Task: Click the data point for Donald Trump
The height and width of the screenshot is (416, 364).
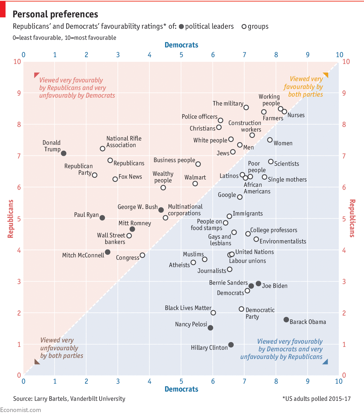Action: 64,153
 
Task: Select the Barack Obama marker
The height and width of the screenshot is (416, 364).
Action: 286,320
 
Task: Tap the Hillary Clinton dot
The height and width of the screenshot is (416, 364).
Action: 231,345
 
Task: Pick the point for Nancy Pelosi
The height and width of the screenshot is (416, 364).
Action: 210,328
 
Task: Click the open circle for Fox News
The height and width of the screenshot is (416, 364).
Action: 115,179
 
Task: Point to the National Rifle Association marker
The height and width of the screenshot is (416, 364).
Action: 103,149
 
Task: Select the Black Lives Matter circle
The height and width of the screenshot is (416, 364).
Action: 213,313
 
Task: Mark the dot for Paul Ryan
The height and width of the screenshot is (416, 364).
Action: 102,218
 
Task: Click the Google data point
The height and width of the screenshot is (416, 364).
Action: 240,197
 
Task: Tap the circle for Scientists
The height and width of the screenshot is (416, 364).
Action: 271,162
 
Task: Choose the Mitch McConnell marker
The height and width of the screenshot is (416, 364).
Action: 107,252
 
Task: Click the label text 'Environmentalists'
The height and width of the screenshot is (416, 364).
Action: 283,241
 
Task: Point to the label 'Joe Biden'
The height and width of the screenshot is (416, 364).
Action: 274,286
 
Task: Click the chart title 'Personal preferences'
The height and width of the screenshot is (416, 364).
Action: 55,14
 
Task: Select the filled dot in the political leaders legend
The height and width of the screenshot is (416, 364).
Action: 181,27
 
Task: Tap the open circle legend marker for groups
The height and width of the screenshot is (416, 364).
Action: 244,27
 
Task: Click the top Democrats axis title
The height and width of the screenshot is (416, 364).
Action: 181,45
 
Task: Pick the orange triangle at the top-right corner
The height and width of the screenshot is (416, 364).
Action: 326,75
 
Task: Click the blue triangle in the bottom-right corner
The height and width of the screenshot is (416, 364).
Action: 326,362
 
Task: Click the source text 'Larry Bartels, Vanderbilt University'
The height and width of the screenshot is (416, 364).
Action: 80,399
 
